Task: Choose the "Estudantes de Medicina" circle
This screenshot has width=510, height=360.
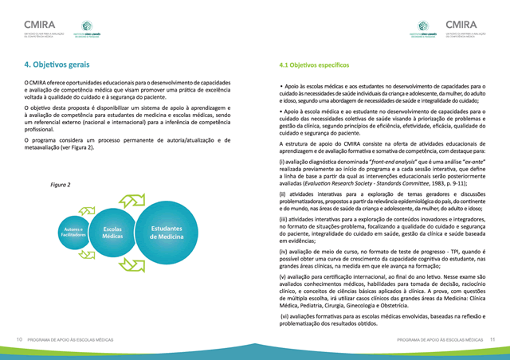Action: point(167,232)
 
